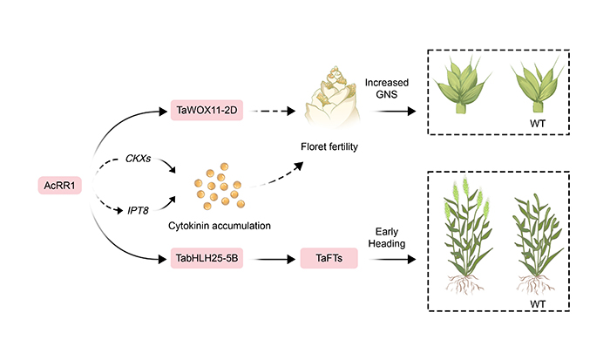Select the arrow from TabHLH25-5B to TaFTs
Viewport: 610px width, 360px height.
click(x=271, y=258)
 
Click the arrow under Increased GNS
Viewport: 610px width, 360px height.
click(x=387, y=111)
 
